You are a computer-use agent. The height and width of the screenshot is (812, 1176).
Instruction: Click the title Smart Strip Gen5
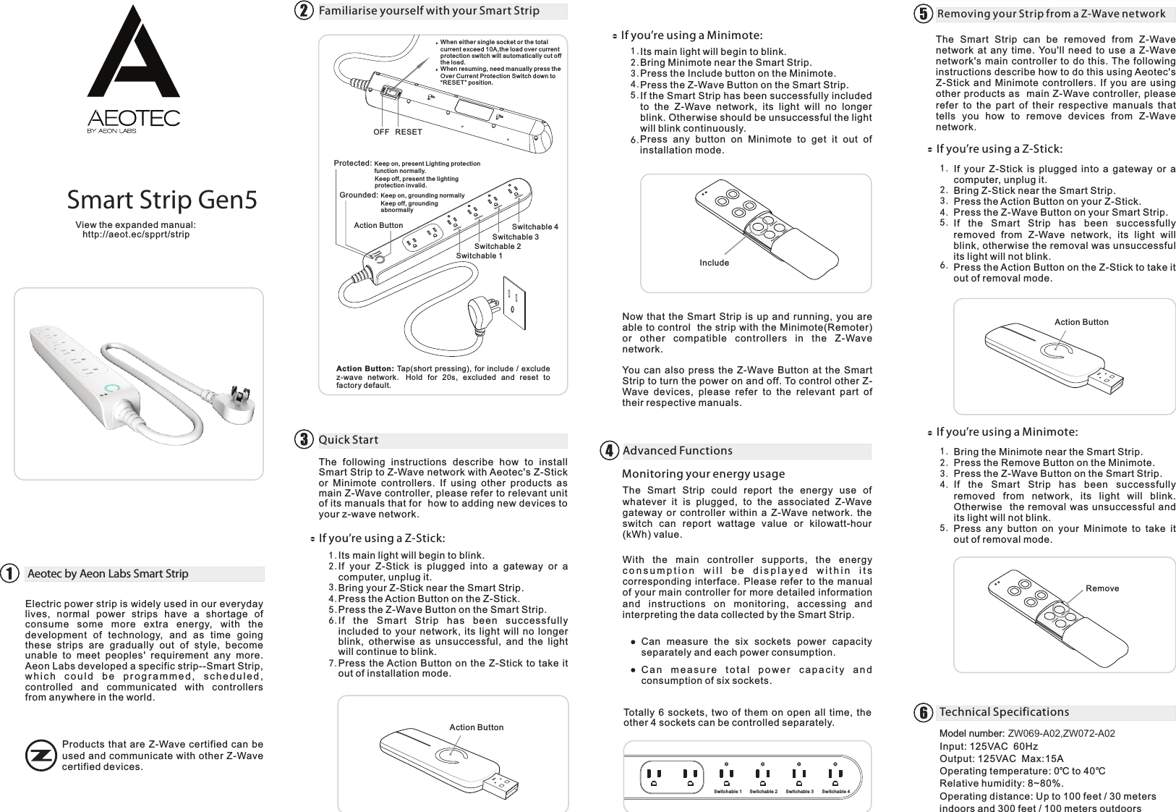[162, 200]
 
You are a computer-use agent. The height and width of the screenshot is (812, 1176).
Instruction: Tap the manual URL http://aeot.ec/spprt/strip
[136, 234]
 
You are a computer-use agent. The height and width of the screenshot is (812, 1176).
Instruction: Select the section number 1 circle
[9, 573]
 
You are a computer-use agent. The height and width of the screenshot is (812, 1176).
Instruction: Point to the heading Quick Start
[349, 440]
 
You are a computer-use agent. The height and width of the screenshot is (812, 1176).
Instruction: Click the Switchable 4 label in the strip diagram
[534, 227]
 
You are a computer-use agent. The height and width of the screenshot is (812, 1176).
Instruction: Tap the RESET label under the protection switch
[409, 132]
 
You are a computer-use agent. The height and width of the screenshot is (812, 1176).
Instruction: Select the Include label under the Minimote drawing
[714, 263]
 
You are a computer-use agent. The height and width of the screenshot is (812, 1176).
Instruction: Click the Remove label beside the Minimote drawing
[1102, 588]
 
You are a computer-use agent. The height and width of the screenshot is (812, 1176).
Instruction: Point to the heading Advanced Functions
[677, 451]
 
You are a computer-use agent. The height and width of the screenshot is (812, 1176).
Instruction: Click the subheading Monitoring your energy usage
[703, 474]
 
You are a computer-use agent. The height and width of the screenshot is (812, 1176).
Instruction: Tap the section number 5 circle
[922, 14]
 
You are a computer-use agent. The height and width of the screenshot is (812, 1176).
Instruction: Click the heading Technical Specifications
[1004, 712]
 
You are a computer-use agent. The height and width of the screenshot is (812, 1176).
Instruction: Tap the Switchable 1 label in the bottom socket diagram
[727, 792]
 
